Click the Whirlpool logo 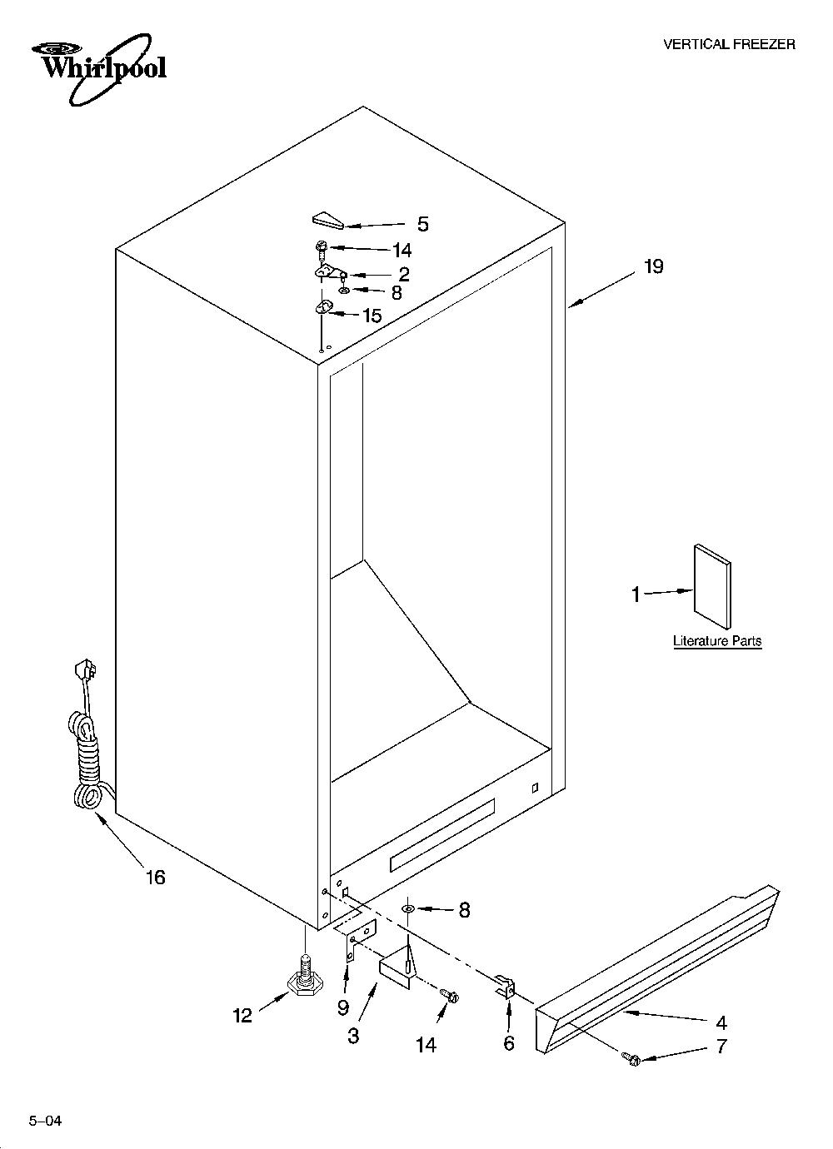(x=99, y=67)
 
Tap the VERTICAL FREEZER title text (x=730, y=45)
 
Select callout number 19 (x=653, y=266)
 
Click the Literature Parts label (x=717, y=640)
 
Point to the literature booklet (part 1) (x=712, y=586)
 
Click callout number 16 (x=155, y=877)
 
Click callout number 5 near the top (x=422, y=224)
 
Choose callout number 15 (x=372, y=316)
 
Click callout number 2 (x=404, y=275)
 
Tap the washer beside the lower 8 (x=408, y=909)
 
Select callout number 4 (x=721, y=1022)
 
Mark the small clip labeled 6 (x=506, y=987)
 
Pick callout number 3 (x=353, y=1035)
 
